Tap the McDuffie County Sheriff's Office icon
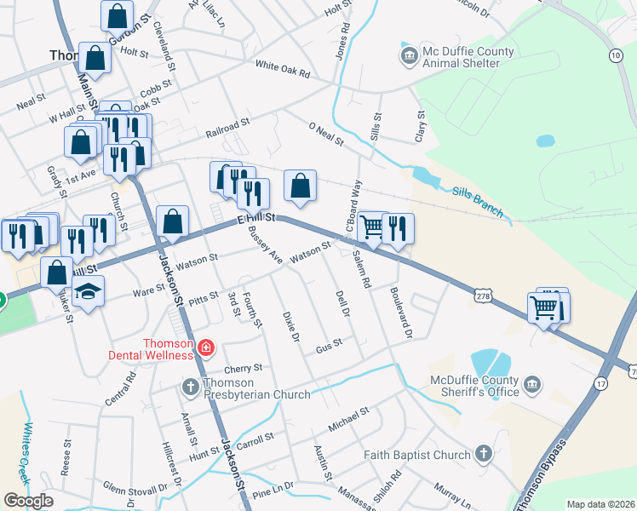point(532,386)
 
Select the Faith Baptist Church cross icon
point(484,454)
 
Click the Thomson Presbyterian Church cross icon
point(192,388)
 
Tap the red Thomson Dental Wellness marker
point(204,347)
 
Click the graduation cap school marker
point(88,291)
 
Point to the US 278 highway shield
point(482,292)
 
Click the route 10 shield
point(615,55)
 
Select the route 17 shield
point(600,383)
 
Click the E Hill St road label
point(256,219)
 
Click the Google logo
point(27,501)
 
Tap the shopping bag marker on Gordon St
point(117,15)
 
